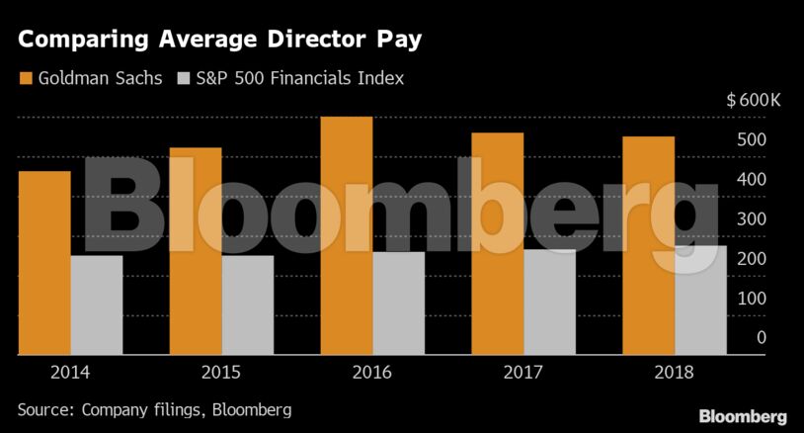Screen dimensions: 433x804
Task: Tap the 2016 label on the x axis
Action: click(x=372, y=373)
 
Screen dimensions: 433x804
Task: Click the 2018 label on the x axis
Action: click(x=675, y=373)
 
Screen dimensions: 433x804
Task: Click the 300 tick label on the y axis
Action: click(x=753, y=219)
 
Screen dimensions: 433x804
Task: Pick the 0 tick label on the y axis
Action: click(x=761, y=338)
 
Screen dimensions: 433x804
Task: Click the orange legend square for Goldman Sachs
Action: click(x=25, y=77)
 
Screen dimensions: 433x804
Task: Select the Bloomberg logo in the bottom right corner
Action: click(x=743, y=415)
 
